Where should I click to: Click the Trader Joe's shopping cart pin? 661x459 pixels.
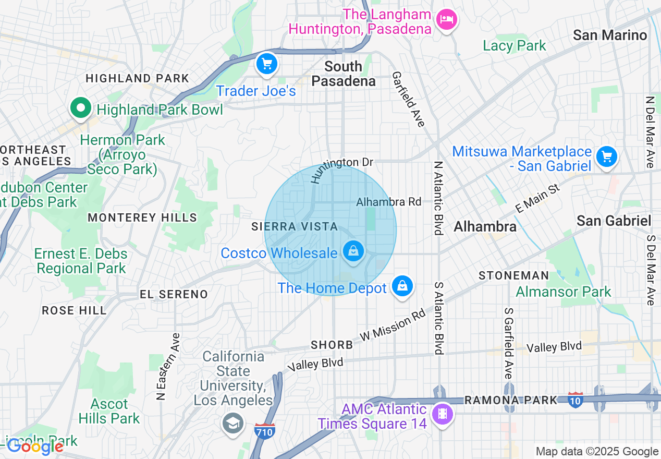click(x=267, y=64)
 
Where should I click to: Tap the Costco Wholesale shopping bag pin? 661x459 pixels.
click(x=353, y=251)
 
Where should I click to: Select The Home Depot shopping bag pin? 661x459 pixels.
click(x=402, y=286)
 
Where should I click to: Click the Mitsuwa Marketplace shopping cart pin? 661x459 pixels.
click(x=606, y=156)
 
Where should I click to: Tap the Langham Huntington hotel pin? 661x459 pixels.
click(x=446, y=20)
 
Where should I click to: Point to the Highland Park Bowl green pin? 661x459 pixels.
click(x=80, y=108)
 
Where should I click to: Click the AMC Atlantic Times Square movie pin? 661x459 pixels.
click(x=443, y=414)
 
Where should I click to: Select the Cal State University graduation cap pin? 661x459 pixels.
click(x=232, y=423)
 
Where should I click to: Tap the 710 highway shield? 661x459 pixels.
click(x=265, y=431)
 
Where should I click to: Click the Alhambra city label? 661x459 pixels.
click(x=485, y=226)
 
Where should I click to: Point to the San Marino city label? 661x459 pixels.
click(x=609, y=35)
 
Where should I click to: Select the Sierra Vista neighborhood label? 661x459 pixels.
click(x=295, y=227)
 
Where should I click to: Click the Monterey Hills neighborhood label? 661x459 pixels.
click(x=142, y=218)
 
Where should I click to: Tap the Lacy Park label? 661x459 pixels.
click(x=514, y=46)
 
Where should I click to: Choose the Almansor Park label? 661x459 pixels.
click(x=563, y=292)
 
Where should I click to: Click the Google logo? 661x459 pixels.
click(x=35, y=446)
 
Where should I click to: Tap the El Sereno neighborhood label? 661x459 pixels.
click(x=174, y=294)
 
